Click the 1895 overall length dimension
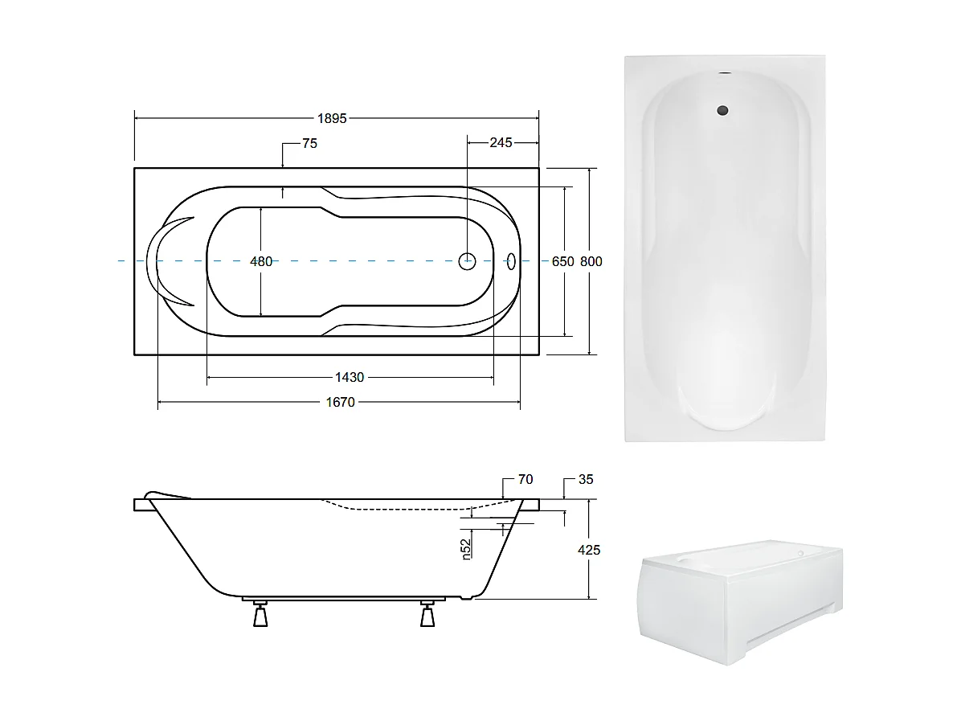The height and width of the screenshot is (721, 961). pos(332,118)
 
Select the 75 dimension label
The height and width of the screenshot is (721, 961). pos(309,144)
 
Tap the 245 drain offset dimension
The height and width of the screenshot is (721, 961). pos(501,143)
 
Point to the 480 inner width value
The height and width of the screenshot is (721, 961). pos(261,261)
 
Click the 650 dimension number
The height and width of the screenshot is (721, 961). pos(562,261)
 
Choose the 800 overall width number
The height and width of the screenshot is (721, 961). pos(591,261)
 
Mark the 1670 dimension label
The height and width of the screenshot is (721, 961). pos(340,402)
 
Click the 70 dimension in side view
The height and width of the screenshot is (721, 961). pos(525,480)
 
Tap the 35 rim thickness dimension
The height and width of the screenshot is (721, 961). pos(586,480)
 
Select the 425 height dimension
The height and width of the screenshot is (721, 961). pos(589,551)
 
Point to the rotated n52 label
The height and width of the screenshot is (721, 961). pos(466,549)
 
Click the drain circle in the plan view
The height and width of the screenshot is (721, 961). pos(468,260)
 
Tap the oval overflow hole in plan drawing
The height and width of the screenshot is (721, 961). pos(511,260)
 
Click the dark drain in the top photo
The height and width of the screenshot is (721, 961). pos(724,110)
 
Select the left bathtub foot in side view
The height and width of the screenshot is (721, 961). pos(260,615)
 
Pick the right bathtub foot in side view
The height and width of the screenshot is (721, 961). pos(427,615)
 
